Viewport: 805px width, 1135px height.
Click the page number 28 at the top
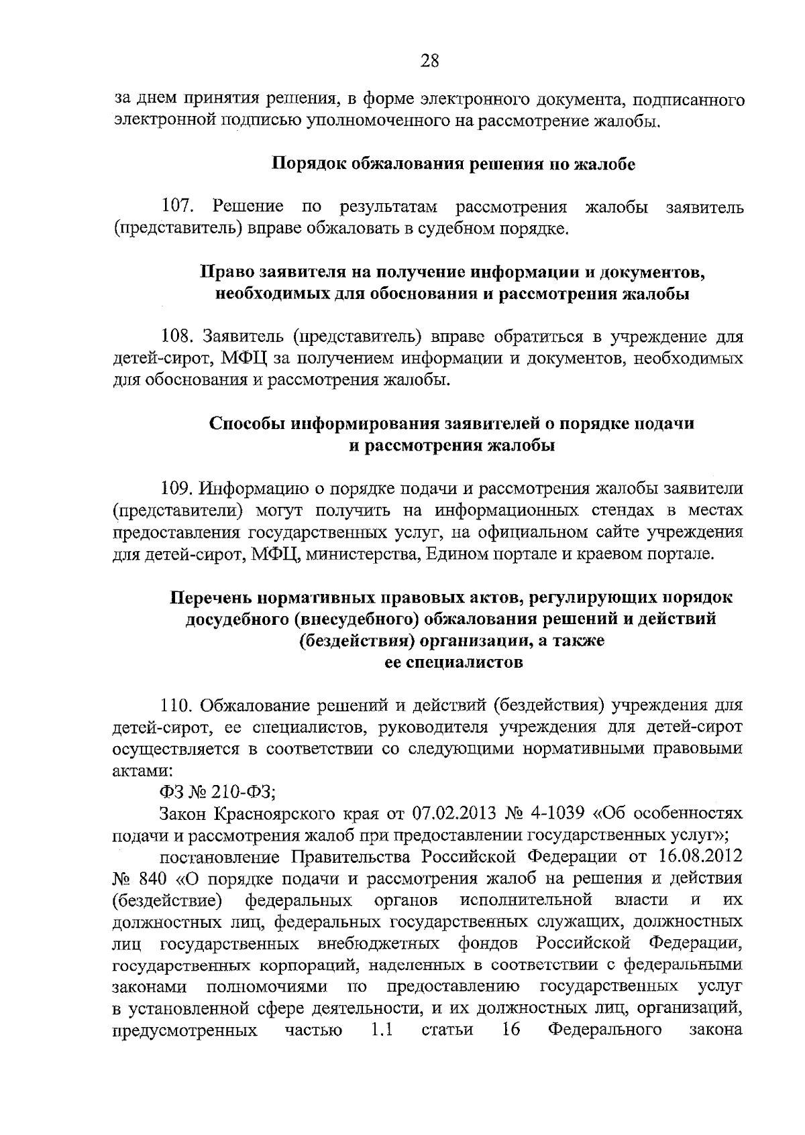(x=429, y=62)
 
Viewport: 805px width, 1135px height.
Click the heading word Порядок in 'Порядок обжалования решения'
(x=308, y=164)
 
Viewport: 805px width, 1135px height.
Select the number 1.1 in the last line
(x=381, y=1030)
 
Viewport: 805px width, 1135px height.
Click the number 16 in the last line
(x=511, y=1030)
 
